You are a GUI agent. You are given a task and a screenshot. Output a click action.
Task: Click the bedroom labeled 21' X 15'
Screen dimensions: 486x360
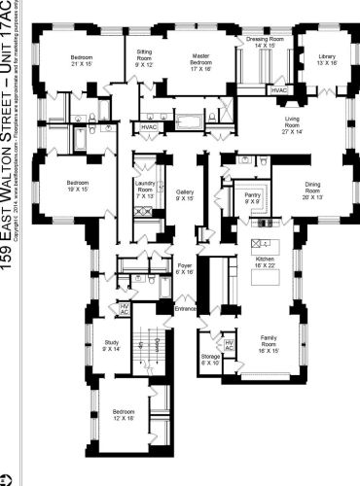[x=81, y=62]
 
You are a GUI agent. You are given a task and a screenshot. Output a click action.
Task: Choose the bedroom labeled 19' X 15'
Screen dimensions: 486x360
[x=79, y=186]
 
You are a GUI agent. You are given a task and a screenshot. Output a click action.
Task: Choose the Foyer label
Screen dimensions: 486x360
[x=185, y=269]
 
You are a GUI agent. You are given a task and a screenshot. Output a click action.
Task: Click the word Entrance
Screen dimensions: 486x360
[x=185, y=309]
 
